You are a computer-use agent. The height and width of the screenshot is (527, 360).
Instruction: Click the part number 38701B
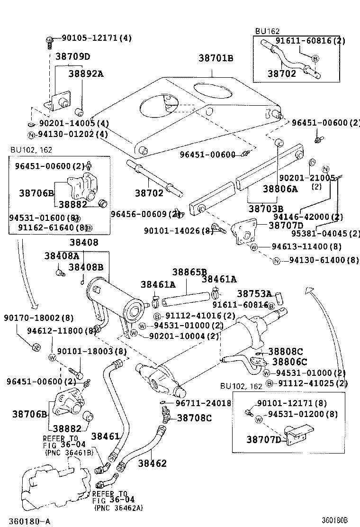[x=216, y=58]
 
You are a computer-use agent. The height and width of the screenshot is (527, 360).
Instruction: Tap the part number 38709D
[x=73, y=57]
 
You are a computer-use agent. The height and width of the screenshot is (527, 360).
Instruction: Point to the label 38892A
[x=86, y=73]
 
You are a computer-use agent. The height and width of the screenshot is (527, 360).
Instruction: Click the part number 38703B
[x=266, y=209]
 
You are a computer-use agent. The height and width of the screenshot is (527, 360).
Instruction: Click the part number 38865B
[x=189, y=272]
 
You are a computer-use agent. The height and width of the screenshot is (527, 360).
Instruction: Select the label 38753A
[x=254, y=294]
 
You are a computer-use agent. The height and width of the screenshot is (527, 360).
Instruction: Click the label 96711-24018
[x=203, y=403]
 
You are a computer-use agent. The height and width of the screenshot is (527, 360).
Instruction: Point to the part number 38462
[x=153, y=463]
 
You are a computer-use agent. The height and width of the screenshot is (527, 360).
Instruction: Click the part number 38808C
[x=285, y=351]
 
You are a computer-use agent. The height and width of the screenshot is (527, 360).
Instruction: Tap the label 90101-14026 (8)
[x=179, y=231]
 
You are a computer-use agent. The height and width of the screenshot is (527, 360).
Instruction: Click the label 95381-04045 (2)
[x=325, y=233]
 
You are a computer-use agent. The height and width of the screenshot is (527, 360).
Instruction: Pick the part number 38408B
[x=86, y=267]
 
